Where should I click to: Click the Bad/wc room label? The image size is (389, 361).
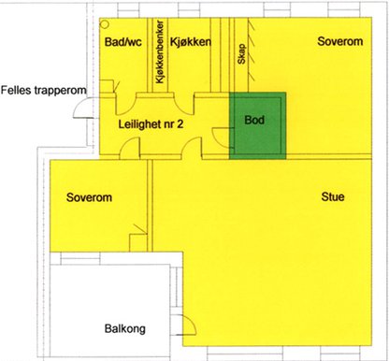click(123, 42)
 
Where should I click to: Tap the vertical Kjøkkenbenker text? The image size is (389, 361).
click(160, 52)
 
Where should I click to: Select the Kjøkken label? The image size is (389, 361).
click(191, 42)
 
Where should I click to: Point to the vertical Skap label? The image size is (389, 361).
click(242, 54)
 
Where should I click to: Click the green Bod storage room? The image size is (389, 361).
click(257, 125)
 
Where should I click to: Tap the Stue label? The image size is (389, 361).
click(333, 196)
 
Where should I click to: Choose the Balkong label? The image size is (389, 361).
click(125, 329)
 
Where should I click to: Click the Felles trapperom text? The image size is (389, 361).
click(43, 90)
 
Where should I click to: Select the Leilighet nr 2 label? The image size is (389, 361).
click(151, 124)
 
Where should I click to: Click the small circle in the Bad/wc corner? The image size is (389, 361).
click(106, 24)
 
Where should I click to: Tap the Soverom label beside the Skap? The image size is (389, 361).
click(340, 41)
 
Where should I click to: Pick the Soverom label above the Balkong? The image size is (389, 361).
click(89, 197)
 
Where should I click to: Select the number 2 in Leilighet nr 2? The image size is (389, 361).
click(180, 124)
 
